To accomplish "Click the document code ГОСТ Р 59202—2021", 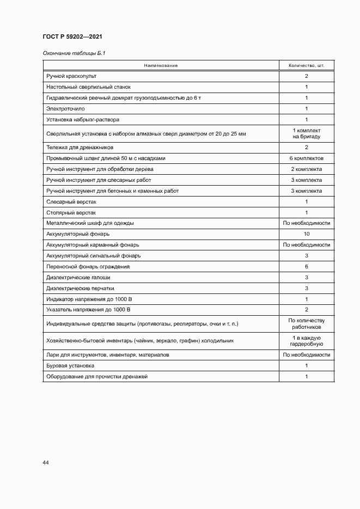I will coord(72,37).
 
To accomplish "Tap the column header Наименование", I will coord(161,66).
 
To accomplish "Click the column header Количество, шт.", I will coord(306,66).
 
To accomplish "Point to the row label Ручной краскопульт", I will coord(71,76).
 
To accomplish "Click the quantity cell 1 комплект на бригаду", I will coord(306,133).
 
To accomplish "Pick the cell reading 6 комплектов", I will coord(306,158).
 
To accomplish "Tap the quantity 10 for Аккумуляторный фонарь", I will coord(306,234).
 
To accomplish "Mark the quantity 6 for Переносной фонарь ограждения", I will coord(306,267).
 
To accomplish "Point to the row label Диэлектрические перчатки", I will coord(81,289).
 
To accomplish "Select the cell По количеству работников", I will coord(306,324).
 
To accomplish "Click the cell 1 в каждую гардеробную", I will coord(306,341).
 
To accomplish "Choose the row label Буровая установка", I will coord(70,366).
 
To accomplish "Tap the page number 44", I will coord(46,463).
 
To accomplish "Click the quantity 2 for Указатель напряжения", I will coord(306,310).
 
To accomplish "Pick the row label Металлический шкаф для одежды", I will coord(90,223).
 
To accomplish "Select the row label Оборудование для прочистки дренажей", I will coord(97,377).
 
